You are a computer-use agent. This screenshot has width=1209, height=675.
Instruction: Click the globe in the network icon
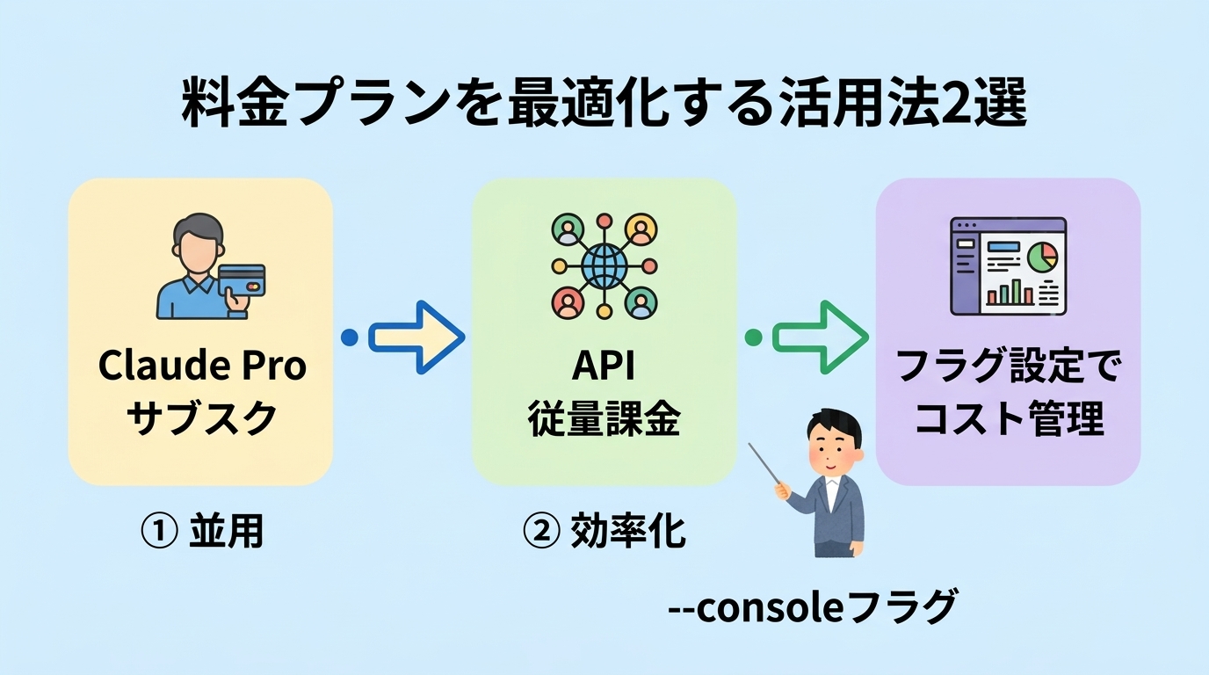click(604, 263)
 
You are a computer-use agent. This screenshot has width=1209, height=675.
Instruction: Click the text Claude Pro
click(202, 366)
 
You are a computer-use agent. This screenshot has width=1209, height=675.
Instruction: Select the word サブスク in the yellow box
click(202, 419)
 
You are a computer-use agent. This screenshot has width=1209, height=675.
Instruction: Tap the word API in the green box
click(604, 366)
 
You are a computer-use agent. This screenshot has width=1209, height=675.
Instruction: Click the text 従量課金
click(604, 421)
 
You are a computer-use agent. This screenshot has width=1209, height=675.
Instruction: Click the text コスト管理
click(1008, 420)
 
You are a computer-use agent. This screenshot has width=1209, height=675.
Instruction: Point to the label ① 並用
click(202, 532)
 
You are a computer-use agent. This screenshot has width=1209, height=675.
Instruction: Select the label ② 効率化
click(604, 532)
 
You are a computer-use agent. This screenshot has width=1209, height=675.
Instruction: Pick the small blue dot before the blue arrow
click(349, 337)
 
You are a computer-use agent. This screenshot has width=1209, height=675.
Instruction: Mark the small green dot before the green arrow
click(753, 337)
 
